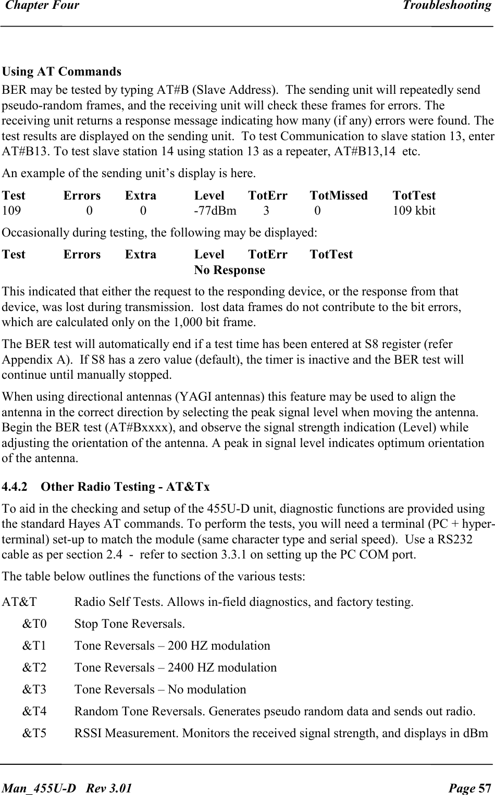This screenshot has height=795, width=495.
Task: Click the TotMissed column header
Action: [x=338, y=196]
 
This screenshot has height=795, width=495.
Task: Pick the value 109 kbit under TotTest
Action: [x=414, y=211]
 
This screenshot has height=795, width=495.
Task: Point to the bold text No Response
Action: [x=229, y=270]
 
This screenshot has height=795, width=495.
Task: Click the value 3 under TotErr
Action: [x=266, y=211]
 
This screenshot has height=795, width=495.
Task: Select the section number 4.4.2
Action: [x=15, y=487]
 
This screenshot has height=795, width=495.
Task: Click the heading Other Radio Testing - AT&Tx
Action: [x=125, y=487]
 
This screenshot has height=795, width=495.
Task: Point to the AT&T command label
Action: [x=19, y=602]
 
